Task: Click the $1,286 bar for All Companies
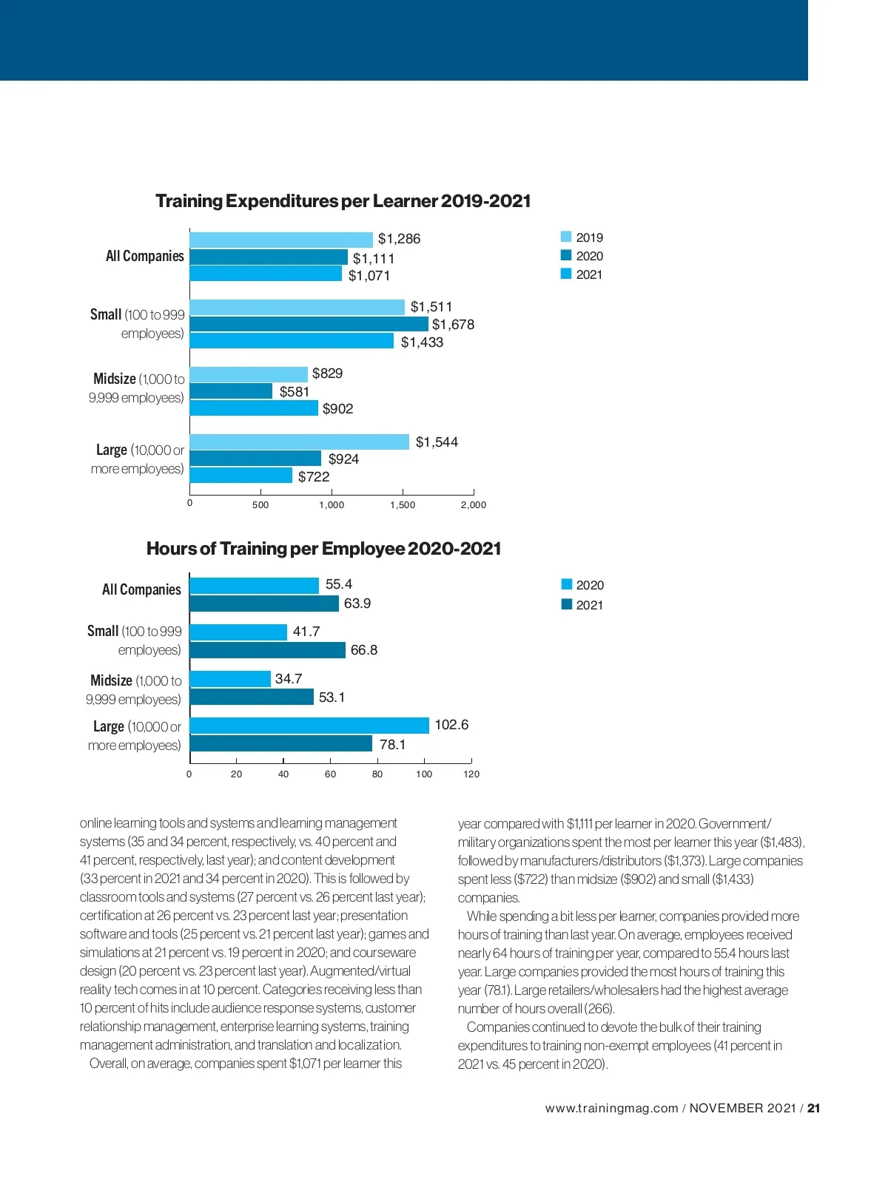(x=281, y=240)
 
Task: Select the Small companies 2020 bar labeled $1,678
(x=309, y=324)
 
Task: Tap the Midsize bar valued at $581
(x=231, y=391)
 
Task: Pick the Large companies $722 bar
(x=241, y=476)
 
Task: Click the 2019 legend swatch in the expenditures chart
(x=566, y=237)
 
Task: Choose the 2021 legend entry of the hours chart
(x=582, y=605)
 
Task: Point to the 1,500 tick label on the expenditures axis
(x=403, y=505)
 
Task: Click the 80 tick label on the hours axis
(x=377, y=774)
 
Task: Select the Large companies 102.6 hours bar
(x=309, y=726)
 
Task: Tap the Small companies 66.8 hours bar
(x=268, y=650)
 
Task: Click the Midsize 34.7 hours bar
(x=231, y=679)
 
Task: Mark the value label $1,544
(x=437, y=442)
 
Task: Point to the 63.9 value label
(x=357, y=604)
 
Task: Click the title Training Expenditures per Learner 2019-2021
(x=343, y=201)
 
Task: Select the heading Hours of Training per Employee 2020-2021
(x=323, y=549)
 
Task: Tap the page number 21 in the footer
(x=814, y=1108)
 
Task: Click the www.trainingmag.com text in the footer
(x=611, y=1108)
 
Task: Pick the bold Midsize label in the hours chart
(x=111, y=680)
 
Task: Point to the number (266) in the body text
(x=599, y=1009)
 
